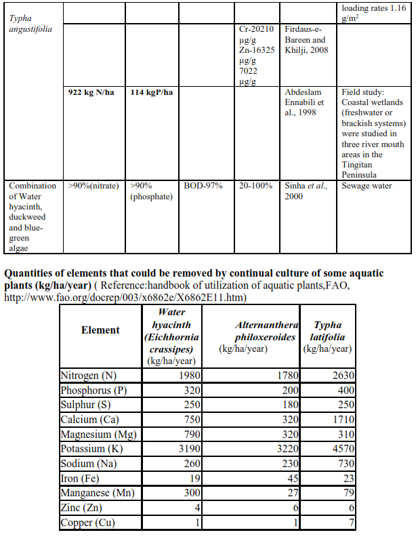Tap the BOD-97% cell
[x=203, y=186]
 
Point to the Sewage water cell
[x=367, y=186]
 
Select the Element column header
[x=100, y=330]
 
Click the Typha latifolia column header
[x=328, y=337]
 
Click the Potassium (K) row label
[x=91, y=449]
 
